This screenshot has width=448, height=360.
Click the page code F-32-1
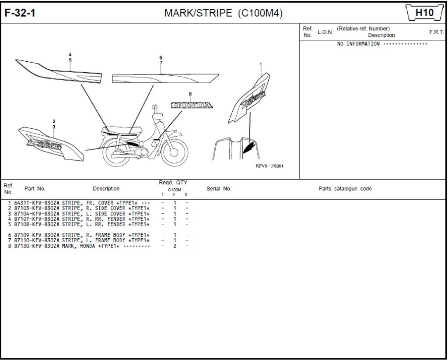tap(20, 13)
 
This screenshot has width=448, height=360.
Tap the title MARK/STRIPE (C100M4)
tap(223, 13)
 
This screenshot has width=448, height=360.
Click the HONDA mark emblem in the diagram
tap(191, 106)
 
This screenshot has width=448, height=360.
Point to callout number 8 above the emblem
tap(190, 94)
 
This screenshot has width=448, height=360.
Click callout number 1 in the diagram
tap(261, 64)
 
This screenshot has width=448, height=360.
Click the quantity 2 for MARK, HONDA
tap(175, 246)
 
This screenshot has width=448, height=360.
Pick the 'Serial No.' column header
tap(219, 189)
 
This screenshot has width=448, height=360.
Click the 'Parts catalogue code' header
tap(345, 189)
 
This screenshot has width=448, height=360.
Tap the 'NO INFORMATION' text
tap(358, 44)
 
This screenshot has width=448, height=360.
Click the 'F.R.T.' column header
tap(436, 32)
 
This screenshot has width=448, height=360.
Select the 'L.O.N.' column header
tap(325, 32)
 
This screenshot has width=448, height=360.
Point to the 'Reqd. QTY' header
tap(173, 182)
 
